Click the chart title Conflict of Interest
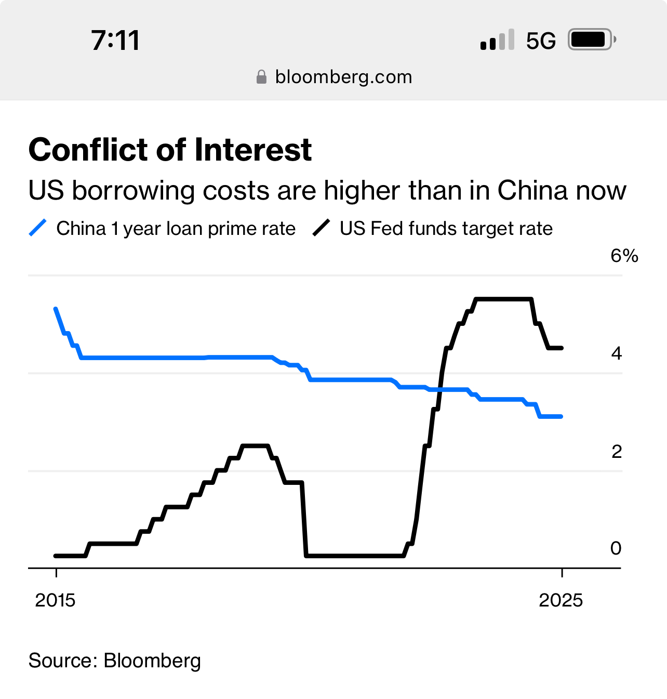(x=170, y=150)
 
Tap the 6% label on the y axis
(x=624, y=256)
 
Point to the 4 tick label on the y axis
(x=616, y=353)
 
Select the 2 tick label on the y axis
(x=616, y=452)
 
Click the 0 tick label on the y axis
(x=616, y=548)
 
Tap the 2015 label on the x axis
(x=55, y=600)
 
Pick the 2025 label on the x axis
(x=561, y=600)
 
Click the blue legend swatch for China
(x=38, y=228)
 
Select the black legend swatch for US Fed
(x=322, y=228)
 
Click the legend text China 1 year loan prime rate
(x=176, y=229)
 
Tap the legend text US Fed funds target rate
(x=446, y=229)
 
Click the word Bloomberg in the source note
(x=152, y=661)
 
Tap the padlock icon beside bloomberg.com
(x=262, y=77)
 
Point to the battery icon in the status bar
(x=591, y=39)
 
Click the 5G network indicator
(x=541, y=41)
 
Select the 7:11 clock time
(x=115, y=41)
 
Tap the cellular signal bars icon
(x=497, y=40)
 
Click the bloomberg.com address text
(x=343, y=77)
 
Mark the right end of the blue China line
(x=562, y=416)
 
